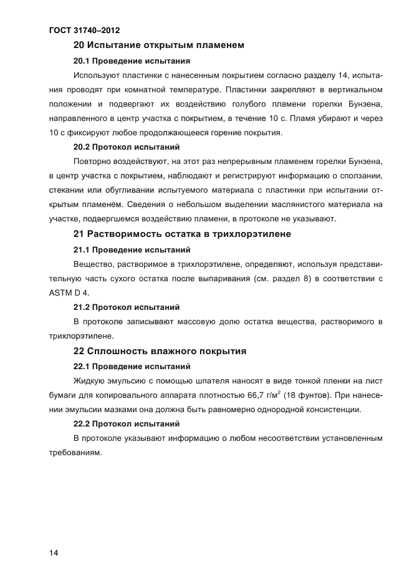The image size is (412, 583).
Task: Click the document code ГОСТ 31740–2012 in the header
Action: click(x=84, y=30)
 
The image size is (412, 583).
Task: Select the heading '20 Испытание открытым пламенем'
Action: click(x=158, y=45)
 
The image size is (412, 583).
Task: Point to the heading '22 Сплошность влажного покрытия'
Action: click(x=160, y=351)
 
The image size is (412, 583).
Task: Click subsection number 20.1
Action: click(x=82, y=61)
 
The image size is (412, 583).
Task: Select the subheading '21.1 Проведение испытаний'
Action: click(x=132, y=249)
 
